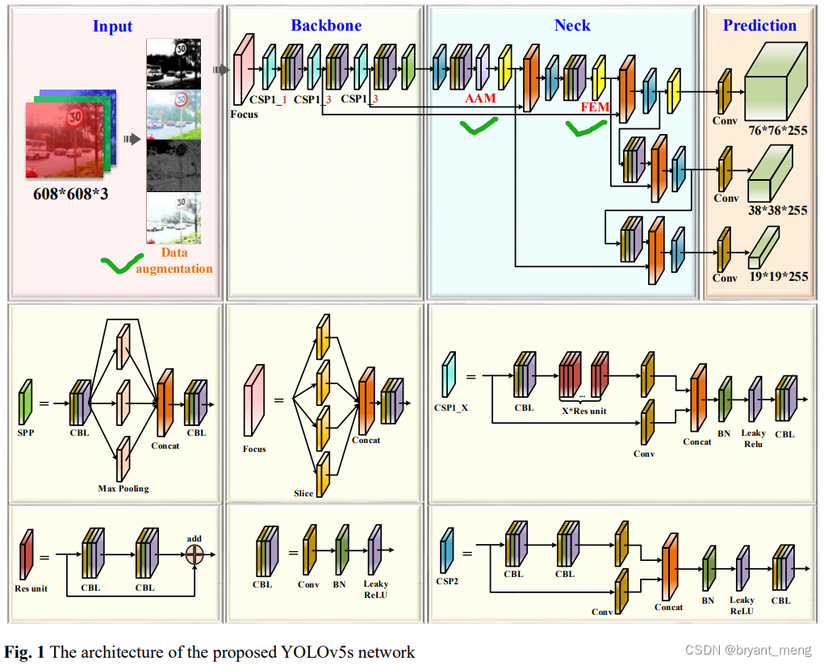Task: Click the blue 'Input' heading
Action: pyautogui.click(x=112, y=26)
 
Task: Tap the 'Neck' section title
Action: pyautogui.click(x=571, y=26)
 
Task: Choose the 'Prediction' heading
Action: pyautogui.click(x=759, y=26)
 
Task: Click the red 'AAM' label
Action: pyautogui.click(x=480, y=99)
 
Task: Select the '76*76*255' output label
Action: pyautogui.click(x=778, y=131)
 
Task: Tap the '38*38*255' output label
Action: pyautogui.click(x=778, y=211)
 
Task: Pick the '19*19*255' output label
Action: pyautogui.click(x=778, y=277)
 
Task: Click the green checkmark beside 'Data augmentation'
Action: pyautogui.click(x=117, y=263)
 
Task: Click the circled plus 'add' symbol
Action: pyautogui.click(x=194, y=554)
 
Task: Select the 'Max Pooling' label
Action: pyautogui.click(x=123, y=488)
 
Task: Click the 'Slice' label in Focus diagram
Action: pyautogui.click(x=303, y=492)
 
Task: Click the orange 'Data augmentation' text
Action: pyautogui.click(x=174, y=261)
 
